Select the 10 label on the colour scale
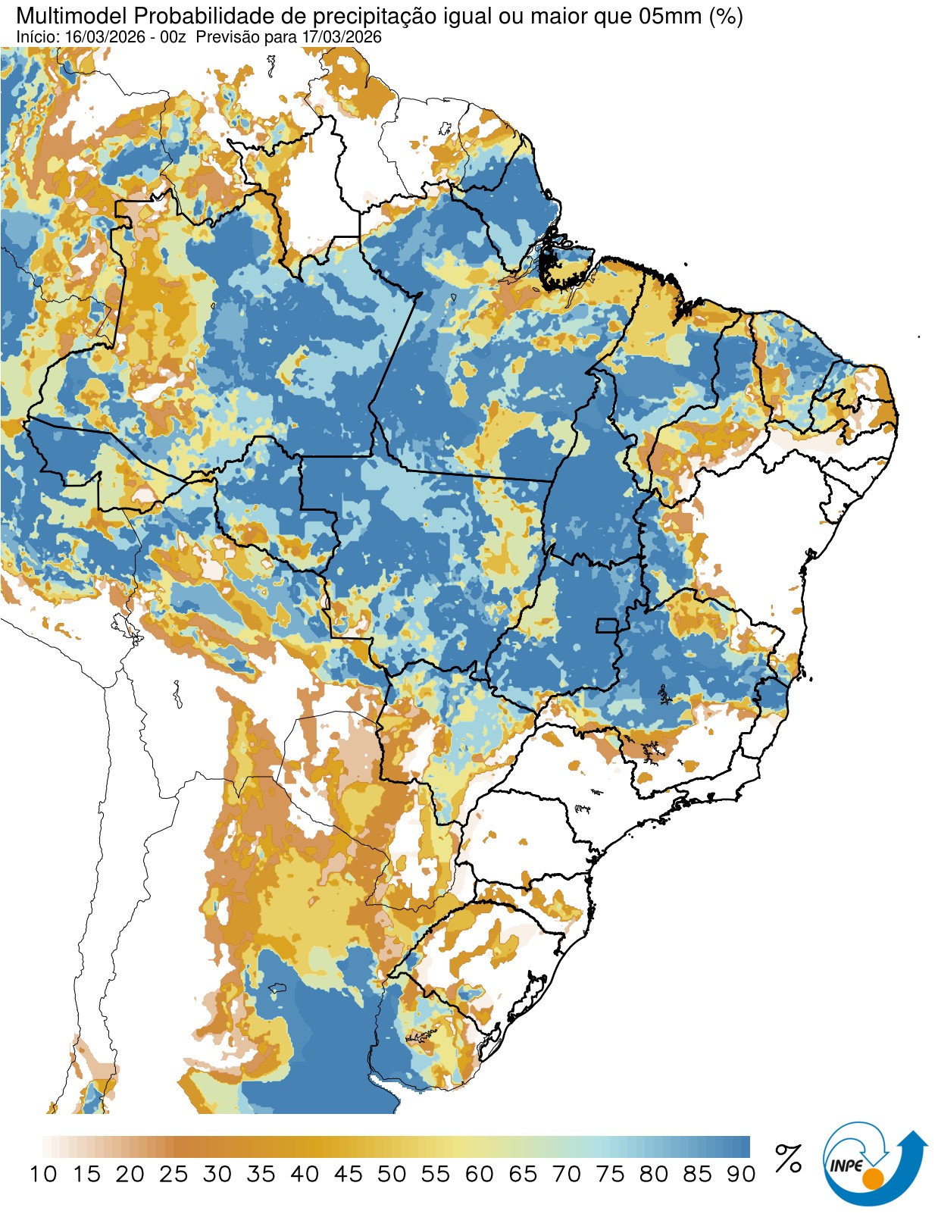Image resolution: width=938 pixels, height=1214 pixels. [43, 1175]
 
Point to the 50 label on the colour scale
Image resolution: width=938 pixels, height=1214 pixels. [392, 1175]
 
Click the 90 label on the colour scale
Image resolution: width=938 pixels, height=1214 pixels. [740, 1175]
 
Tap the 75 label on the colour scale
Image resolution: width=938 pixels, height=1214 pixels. [610, 1175]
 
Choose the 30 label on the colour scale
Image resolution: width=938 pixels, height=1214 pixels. [217, 1175]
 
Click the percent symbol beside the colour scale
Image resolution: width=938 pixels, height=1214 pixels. [788, 1159]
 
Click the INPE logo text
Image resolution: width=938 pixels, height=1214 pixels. [846, 1166]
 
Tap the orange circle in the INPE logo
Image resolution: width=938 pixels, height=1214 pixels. [873, 1179]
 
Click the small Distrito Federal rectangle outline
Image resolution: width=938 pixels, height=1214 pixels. [607, 626]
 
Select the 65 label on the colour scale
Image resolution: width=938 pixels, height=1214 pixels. [523, 1175]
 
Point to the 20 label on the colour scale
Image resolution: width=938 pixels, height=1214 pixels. [130, 1175]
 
